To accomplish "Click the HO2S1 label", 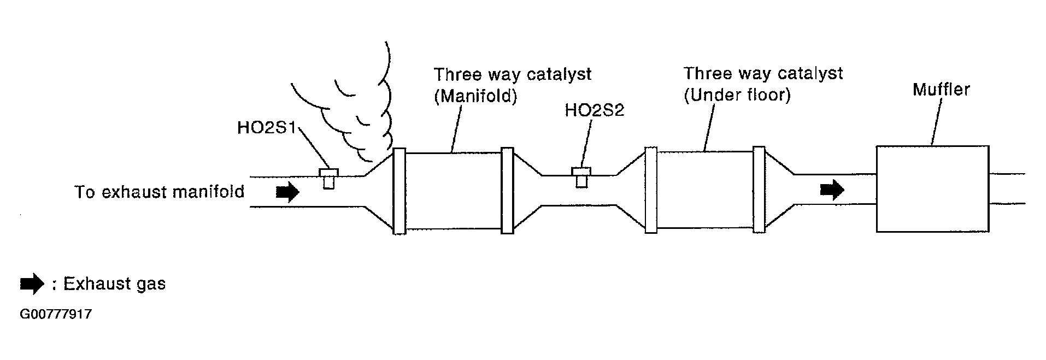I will [x=266, y=128].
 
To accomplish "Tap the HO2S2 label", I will [x=594, y=110].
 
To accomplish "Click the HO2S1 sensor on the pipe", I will [x=328, y=178].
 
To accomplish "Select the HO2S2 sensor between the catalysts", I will [x=581, y=177].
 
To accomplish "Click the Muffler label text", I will [x=941, y=90].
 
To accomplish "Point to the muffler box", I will [x=932, y=189].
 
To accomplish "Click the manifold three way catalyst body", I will [x=453, y=191].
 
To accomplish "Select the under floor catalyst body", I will [x=704, y=190].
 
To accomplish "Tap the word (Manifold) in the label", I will [x=475, y=96].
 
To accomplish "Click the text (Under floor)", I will [x=737, y=95].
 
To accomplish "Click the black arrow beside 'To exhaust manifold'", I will [x=287, y=192].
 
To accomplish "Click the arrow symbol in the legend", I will [x=32, y=284].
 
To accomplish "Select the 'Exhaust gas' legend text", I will [x=114, y=284].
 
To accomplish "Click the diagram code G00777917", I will [x=55, y=315].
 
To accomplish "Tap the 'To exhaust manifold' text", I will [x=159, y=192].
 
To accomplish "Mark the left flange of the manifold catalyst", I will [x=399, y=191].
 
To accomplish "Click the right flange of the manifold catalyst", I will [x=508, y=191].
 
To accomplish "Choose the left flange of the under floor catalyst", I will [x=651, y=190].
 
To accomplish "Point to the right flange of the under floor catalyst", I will [x=759, y=190].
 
